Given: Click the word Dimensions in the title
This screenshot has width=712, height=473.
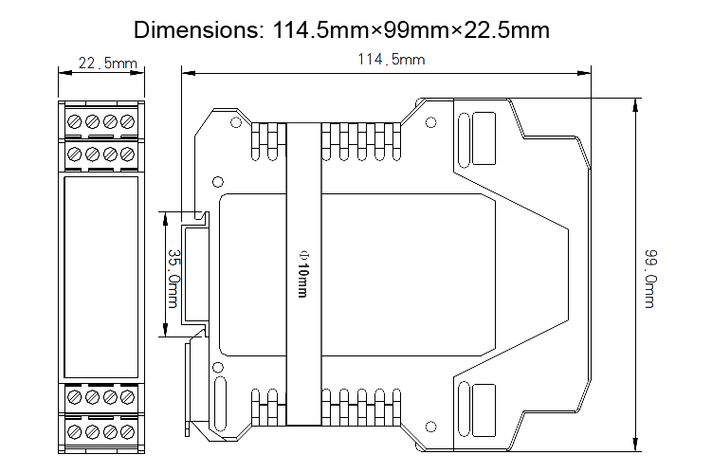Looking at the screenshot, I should [x=194, y=29].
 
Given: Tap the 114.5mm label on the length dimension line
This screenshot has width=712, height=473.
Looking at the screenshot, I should [x=389, y=60].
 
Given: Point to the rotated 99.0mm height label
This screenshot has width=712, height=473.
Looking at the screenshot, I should [x=651, y=278].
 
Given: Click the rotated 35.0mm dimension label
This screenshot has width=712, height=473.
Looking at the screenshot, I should [x=173, y=278].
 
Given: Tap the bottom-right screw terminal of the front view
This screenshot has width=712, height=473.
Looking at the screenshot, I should [x=125, y=430].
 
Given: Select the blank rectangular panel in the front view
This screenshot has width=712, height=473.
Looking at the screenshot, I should [x=101, y=275].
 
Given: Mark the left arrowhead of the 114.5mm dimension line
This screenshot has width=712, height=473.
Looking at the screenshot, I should [x=186, y=70].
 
